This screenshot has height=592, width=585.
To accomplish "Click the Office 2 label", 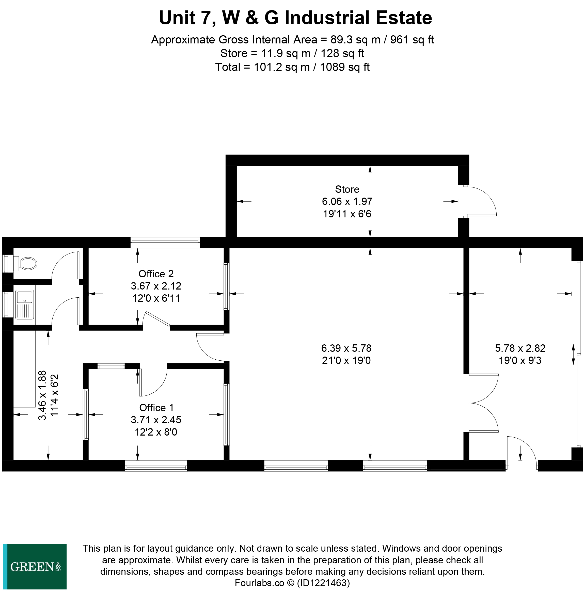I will pyautogui.click(x=156, y=274).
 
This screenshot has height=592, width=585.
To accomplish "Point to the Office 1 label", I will pyautogui.click(x=156, y=408).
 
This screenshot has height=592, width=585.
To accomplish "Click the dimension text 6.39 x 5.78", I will pyautogui.click(x=346, y=348).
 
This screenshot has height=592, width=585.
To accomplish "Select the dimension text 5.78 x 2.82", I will pyautogui.click(x=520, y=348).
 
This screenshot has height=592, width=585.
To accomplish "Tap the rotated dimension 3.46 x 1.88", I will pyautogui.click(x=42, y=395).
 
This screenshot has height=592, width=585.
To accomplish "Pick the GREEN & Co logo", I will pyautogui.click(x=35, y=567).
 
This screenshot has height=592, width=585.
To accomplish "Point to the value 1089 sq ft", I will pyautogui.click(x=344, y=67).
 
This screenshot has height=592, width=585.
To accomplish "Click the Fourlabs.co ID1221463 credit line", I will pyautogui.click(x=292, y=583).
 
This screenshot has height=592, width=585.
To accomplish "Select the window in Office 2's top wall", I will pyautogui.click(x=165, y=242).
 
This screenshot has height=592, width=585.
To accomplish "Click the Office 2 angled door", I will pyautogui.click(x=157, y=319).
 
